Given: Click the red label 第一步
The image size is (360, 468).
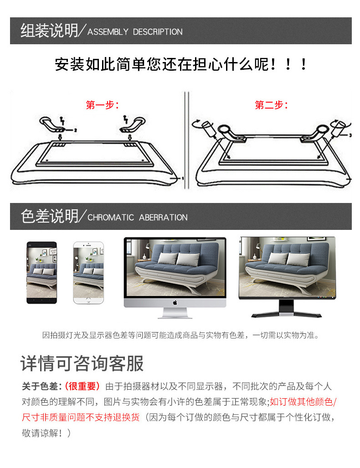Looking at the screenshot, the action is point(100,105).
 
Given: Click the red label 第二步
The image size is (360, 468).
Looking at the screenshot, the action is point(269,105).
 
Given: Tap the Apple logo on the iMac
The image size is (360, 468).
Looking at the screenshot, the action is point(175,302).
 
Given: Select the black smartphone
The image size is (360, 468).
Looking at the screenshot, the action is point(42,272).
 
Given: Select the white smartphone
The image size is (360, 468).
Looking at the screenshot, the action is point(88,272).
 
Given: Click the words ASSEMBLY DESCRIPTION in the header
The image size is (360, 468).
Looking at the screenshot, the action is point(135,31).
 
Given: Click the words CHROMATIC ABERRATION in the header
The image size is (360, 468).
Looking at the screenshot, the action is point(138,217).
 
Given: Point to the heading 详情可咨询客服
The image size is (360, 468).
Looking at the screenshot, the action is point(82,363).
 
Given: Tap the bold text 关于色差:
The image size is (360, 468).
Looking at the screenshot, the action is point(42,386).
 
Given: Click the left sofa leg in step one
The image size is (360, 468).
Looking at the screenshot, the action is point(52,124).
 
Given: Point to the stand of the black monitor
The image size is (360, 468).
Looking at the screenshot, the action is point(286,309).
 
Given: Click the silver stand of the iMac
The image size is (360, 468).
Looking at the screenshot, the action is point(175,313).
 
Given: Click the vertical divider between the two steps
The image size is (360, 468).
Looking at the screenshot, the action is point(186,140).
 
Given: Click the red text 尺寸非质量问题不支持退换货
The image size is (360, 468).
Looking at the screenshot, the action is point(81,417).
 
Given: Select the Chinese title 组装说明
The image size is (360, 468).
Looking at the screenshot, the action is point(49,31).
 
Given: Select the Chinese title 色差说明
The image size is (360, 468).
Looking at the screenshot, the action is point(49,216).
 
